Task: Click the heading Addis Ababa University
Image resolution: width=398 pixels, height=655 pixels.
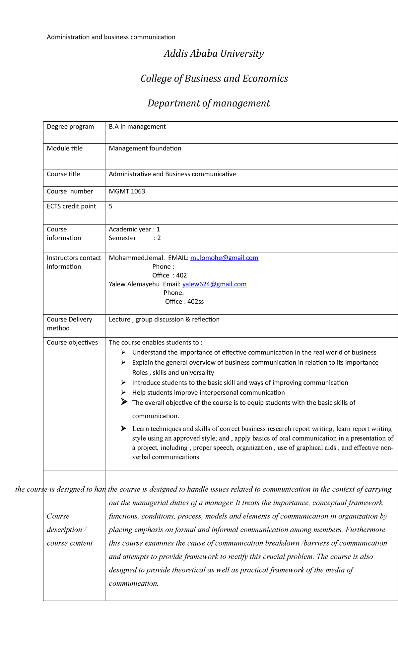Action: pyautogui.click(x=214, y=54)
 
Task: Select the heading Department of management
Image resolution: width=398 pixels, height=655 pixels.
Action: pyautogui.click(x=209, y=103)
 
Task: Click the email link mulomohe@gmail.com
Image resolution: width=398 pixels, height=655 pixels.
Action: pyautogui.click(x=224, y=258)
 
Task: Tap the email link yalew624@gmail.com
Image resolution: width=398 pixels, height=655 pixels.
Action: pyautogui.click(x=214, y=284)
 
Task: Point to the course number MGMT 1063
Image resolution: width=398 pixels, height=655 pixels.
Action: pyautogui.click(x=127, y=191)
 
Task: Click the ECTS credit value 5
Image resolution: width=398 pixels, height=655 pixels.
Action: pyautogui.click(x=110, y=206)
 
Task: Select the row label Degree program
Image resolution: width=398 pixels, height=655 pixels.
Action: pyautogui.click(x=70, y=127)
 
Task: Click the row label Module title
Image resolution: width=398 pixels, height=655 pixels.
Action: pyautogui.click(x=65, y=149)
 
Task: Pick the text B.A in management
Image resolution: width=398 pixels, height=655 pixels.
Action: pyautogui.click(x=137, y=127)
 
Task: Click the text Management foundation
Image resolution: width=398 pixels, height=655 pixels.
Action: pyautogui.click(x=145, y=149)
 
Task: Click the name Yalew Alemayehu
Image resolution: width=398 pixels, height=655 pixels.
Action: pyautogui.click(x=134, y=284)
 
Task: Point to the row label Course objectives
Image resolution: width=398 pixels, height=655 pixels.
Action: pyautogui.click(x=72, y=342)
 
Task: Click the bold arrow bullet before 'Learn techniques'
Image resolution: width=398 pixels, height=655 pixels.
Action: pyautogui.click(x=123, y=428)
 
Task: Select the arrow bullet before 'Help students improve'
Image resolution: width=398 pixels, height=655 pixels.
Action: pyautogui.click(x=123, y=392)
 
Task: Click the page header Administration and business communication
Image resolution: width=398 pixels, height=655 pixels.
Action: pyautogui.click(x=111, y=37)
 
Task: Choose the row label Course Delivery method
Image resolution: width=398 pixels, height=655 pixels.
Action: pyautogui.click(x=69, y=324)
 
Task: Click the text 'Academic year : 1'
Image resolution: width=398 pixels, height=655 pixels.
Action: pyautogui.click(x=134, y=229)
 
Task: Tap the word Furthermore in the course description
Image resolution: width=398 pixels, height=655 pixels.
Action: pyautogui.click(x=365, y=530)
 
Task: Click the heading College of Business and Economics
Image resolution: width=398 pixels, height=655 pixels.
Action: pyautogui.click(x=214, y=79)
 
